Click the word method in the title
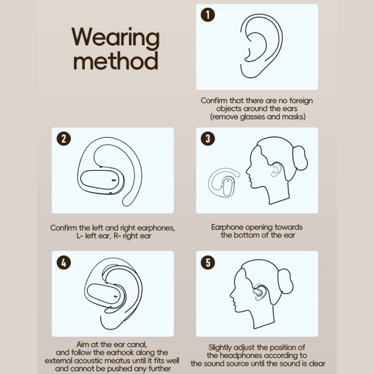coord(116,60)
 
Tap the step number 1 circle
coord(208,15)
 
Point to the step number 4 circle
coord(64,263)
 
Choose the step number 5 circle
coord(208,263)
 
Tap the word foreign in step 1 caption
coord(301,100)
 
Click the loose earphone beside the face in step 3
coord(223,182)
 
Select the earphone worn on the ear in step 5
coord(259,292)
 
